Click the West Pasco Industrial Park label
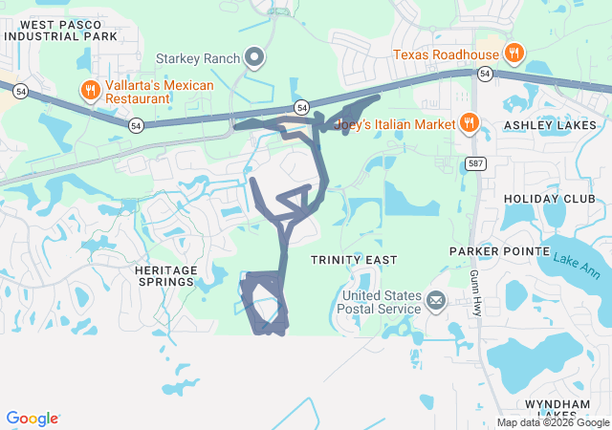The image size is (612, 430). click(61, 31)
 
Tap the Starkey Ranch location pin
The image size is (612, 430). click(254, 59)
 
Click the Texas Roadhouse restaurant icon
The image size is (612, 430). click(514, 52)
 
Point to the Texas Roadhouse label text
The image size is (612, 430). click(446, 54)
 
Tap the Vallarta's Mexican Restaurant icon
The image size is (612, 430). click(90, 91)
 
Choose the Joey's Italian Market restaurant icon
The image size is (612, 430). click(469, 122)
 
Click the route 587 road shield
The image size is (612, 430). click(475, 164)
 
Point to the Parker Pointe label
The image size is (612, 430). click(490, 251)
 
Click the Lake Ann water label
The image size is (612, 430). click(573, 260)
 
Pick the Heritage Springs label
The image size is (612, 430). click(165, 276)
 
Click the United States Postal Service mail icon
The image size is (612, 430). click(436, 302)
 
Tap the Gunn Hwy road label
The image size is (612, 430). click(475, 292)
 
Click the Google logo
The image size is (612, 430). click(33, 419)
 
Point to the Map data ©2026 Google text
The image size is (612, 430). click(552, 423)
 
